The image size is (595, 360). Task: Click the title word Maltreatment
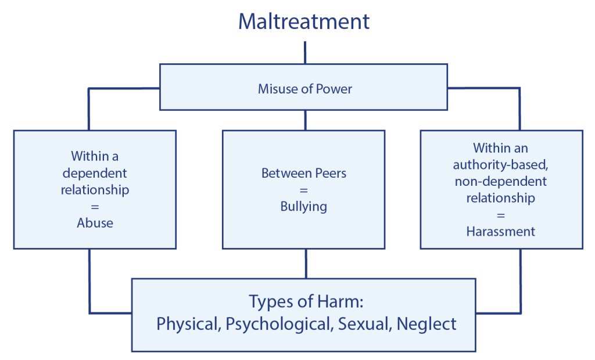tap(304, 22)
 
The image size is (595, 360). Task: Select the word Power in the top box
tap(334, 89)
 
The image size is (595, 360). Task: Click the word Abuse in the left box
tap(95, 223)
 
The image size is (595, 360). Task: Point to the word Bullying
tap(303, 207)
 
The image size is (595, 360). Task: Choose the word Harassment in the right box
tap(500, 231)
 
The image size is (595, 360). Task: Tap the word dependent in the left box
tap(95, 173)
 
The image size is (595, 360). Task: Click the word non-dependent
tap(500, 181)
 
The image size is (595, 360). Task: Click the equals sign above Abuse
tap(95, 207)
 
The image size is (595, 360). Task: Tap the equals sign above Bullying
tap(303, 190)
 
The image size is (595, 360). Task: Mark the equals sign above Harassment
tap(500, 215)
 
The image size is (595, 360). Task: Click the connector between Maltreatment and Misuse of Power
tap(304, 52)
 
